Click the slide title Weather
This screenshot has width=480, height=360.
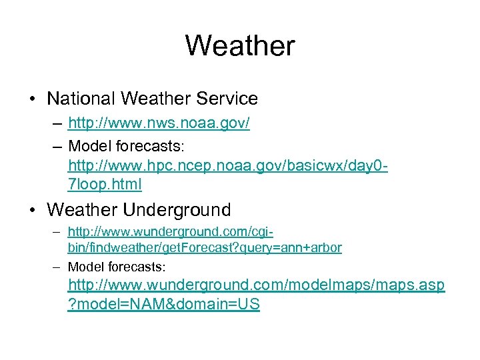pyautogui.click(x=239, y=46)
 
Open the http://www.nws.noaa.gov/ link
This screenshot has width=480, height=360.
pyautogui.click(x=159, y=124)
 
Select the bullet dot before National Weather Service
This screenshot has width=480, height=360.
pyautogui.click(x=33, y=99)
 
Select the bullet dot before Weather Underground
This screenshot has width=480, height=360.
pyautogui.click(x=33, y=211)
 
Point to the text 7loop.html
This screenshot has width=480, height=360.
pyautogui.click(x=105, y=183)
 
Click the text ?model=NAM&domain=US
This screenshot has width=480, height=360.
pyautogui.click(x=163, y=305)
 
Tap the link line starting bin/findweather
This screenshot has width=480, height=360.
pyautogui.click(x=205, y=248)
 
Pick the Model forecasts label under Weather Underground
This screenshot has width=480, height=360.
pyautogui.click(x=116, y=267)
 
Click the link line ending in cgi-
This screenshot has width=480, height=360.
pyautogui.click(x=171, y=233)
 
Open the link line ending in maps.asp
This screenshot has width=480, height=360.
pyautogui.click(x=257, y=285)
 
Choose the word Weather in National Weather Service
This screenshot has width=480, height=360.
pyautogui.click(x=157, y=99)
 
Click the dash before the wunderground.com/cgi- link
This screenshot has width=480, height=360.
pyautogui.click(x=57, y=233)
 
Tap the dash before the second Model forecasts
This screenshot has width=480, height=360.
pyautogui.click(x=57, y=267)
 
